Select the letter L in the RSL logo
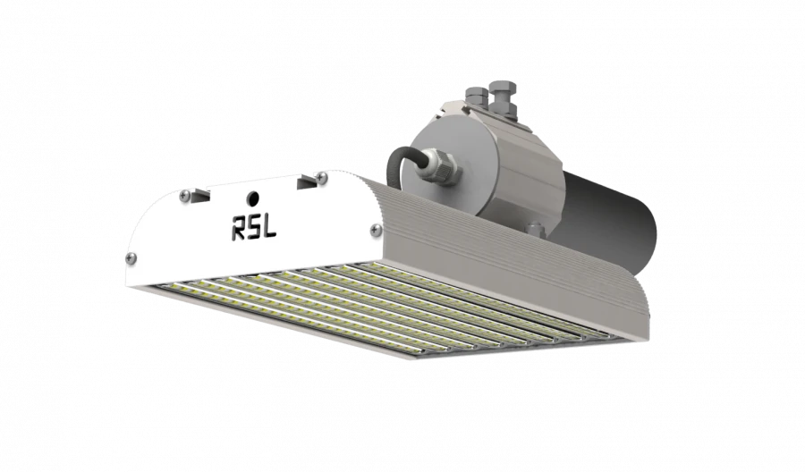[x=269, y=228]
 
